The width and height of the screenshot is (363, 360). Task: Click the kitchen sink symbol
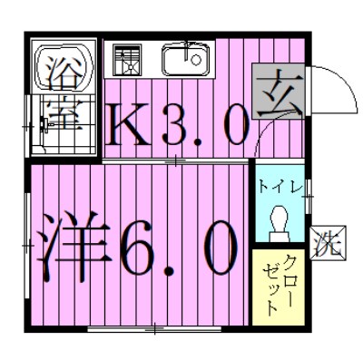[x=185, y=61]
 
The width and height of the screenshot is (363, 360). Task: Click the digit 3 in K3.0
[x=176, y=126]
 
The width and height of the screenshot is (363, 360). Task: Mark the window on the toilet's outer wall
[x=309, y=195]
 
